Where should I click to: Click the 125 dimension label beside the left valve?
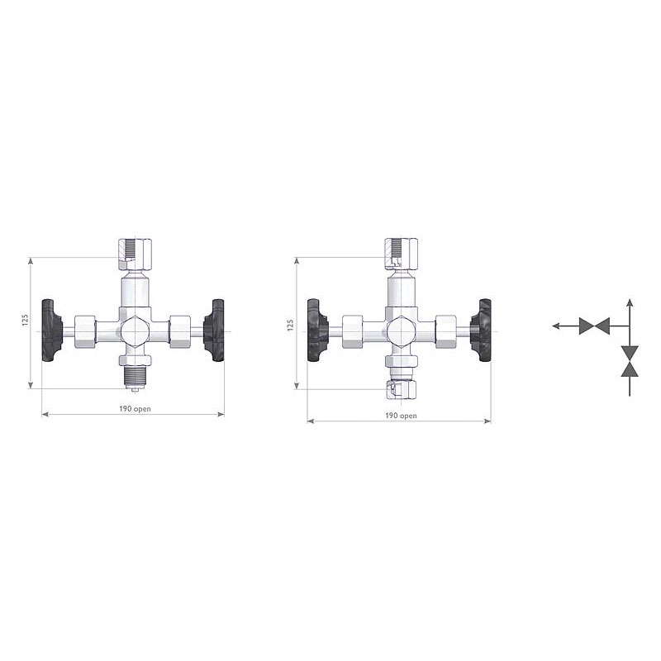click(x=25, y=321)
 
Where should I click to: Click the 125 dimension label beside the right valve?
click(x=290, y=326)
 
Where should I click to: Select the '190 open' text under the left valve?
click(x=133, y=408)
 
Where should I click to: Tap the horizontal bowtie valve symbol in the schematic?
click(x=594, y=326)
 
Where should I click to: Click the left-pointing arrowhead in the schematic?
click(x=556, y=326)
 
